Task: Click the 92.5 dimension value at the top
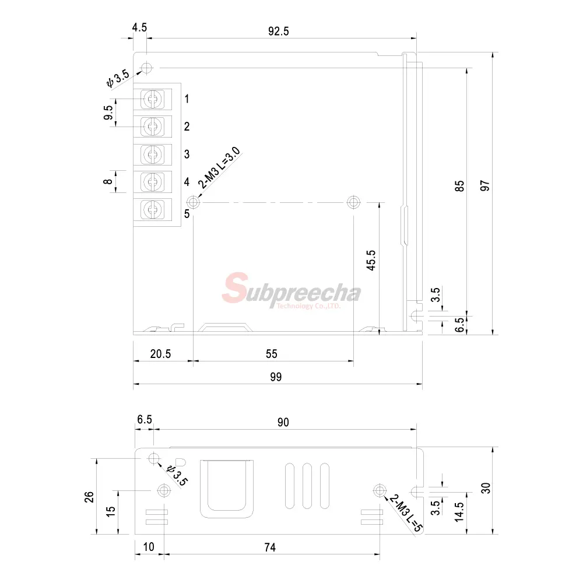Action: (279, 31)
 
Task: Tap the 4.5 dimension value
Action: (139, 27)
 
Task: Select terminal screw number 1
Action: (152, 99)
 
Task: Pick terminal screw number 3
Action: (152, 154)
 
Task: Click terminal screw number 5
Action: (152, 209)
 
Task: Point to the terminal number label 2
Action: (187, 127)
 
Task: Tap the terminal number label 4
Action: (187, 182)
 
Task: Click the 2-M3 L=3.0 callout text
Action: (219, 168)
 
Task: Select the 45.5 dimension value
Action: (371, 260)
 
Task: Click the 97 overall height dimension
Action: (485, 185)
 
